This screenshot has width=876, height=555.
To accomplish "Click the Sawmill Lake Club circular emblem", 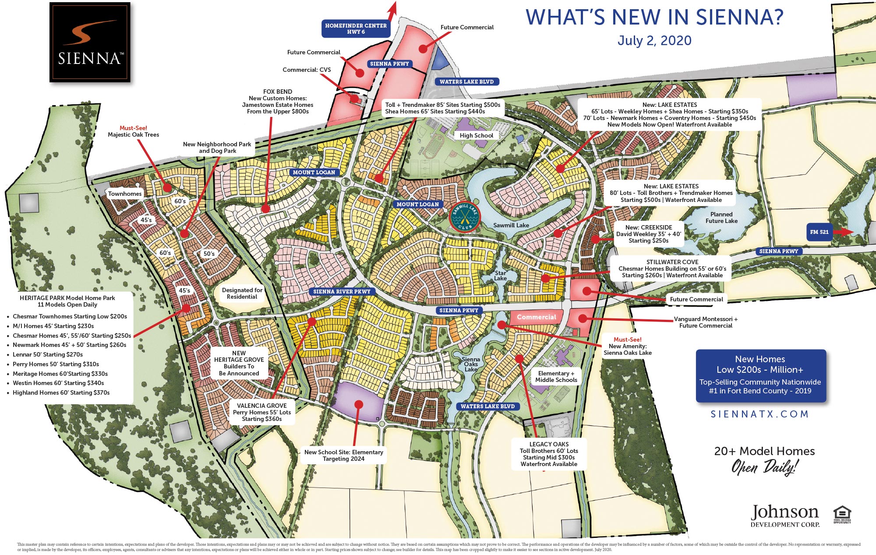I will [465, 217].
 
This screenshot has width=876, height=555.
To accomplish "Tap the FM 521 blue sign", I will [819, 232].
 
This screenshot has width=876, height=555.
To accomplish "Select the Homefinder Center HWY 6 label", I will [356, 28].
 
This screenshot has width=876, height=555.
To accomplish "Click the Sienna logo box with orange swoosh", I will [90, 42].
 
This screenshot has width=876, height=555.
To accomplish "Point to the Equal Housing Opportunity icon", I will [842, 514].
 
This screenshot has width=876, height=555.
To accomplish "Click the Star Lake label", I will [500, 276].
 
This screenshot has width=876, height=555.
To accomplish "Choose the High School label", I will [476, 135].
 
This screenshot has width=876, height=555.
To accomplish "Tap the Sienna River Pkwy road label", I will [342, 291].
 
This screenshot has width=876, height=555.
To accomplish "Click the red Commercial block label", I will [536, 317].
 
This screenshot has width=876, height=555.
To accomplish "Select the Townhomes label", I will [125, 194].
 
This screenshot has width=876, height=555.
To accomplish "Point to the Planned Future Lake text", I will [721, 218].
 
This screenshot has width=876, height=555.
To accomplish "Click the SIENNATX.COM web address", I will [759, 414].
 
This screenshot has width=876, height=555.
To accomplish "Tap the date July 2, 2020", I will [654, 41].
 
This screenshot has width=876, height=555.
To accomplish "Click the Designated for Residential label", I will [242, 293].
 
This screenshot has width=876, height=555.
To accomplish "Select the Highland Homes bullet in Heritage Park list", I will [61, 392].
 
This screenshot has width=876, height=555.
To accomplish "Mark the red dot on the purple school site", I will [359, 404].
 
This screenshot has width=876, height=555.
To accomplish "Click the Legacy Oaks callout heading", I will [549, 444].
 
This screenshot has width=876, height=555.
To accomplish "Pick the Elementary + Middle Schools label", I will [556, 377].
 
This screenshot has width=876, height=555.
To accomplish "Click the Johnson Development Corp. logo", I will [784, 516].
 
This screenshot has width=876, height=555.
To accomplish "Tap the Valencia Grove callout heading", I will [262, 406].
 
